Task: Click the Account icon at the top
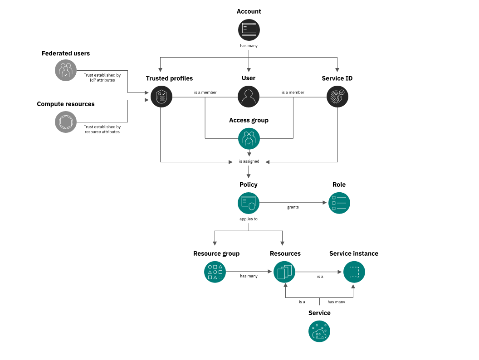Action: pos(249,29)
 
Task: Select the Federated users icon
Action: pos(66,70)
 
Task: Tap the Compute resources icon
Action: pos(66,122)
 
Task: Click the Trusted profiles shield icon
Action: pos(161,97)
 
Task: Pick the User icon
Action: pos(249,97)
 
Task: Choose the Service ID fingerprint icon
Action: pos(337,97)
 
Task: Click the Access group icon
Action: pos(249,139)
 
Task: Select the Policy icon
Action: pos(249,203)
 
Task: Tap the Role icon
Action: pos(339,203)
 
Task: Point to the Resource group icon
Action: pos(215,272)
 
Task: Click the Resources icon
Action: pos(284,272)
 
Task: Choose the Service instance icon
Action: pos(354,272)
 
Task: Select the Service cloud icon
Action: pos(319,331)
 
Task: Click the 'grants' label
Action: pos(293,207)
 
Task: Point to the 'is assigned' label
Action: pos(249,161)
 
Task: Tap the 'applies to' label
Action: pos(249,219)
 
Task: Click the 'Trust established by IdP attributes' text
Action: pos(102,78)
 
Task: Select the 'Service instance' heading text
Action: pos(354,253)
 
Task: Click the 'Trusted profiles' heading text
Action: pos(169,78)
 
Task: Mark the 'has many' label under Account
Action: pos(249,46)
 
